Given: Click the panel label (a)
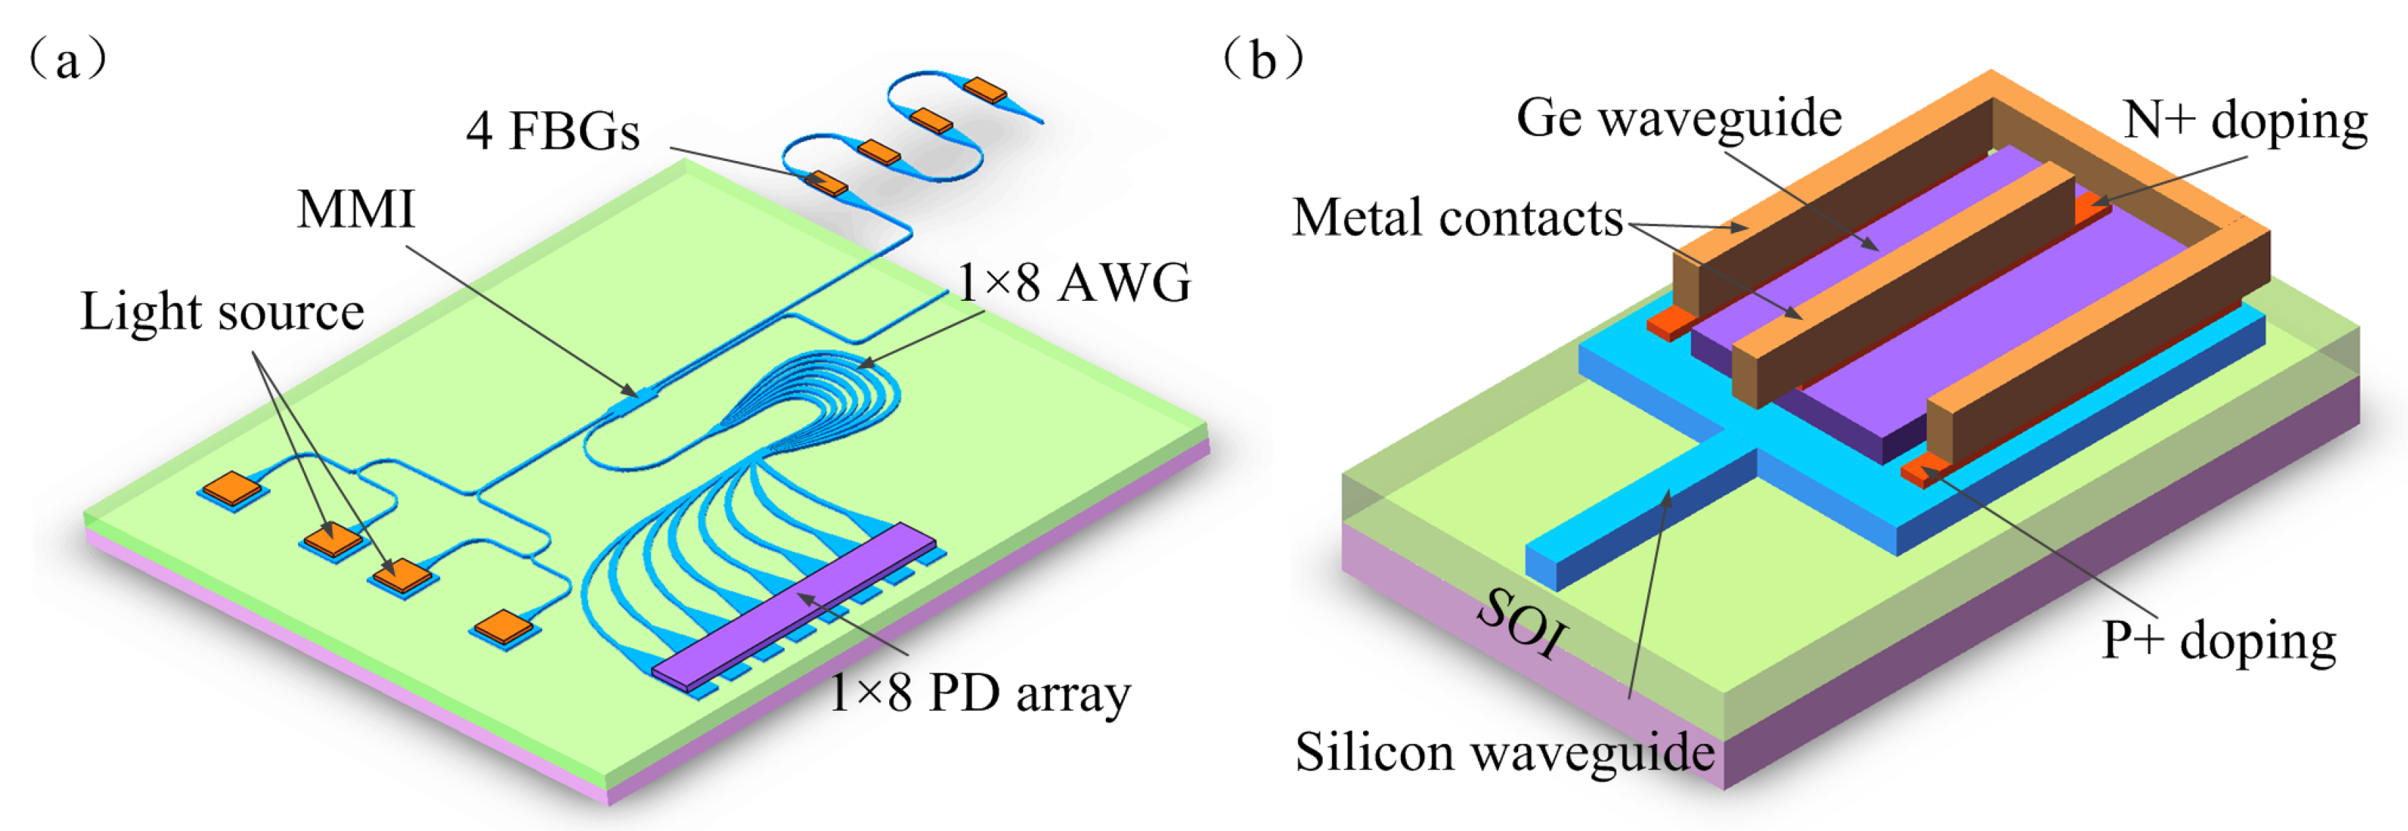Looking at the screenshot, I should tap(67, 61).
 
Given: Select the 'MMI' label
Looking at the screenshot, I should tap(355, 209).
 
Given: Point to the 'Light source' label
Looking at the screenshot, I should tap(222, 311).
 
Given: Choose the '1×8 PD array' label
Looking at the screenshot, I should tap(980, 693).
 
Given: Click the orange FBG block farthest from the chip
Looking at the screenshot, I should tap(984, 90).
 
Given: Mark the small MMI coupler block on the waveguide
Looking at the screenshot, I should tap(638, 399).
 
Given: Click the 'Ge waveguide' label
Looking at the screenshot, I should tap(1679, 119).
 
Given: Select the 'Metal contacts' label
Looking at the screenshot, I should tap(1457, 217).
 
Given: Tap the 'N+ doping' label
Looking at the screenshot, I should tap(2245, 122).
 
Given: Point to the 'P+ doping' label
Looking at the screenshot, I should tap(2219, 641).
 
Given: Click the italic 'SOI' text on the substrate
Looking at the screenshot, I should tap(1521, 622).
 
